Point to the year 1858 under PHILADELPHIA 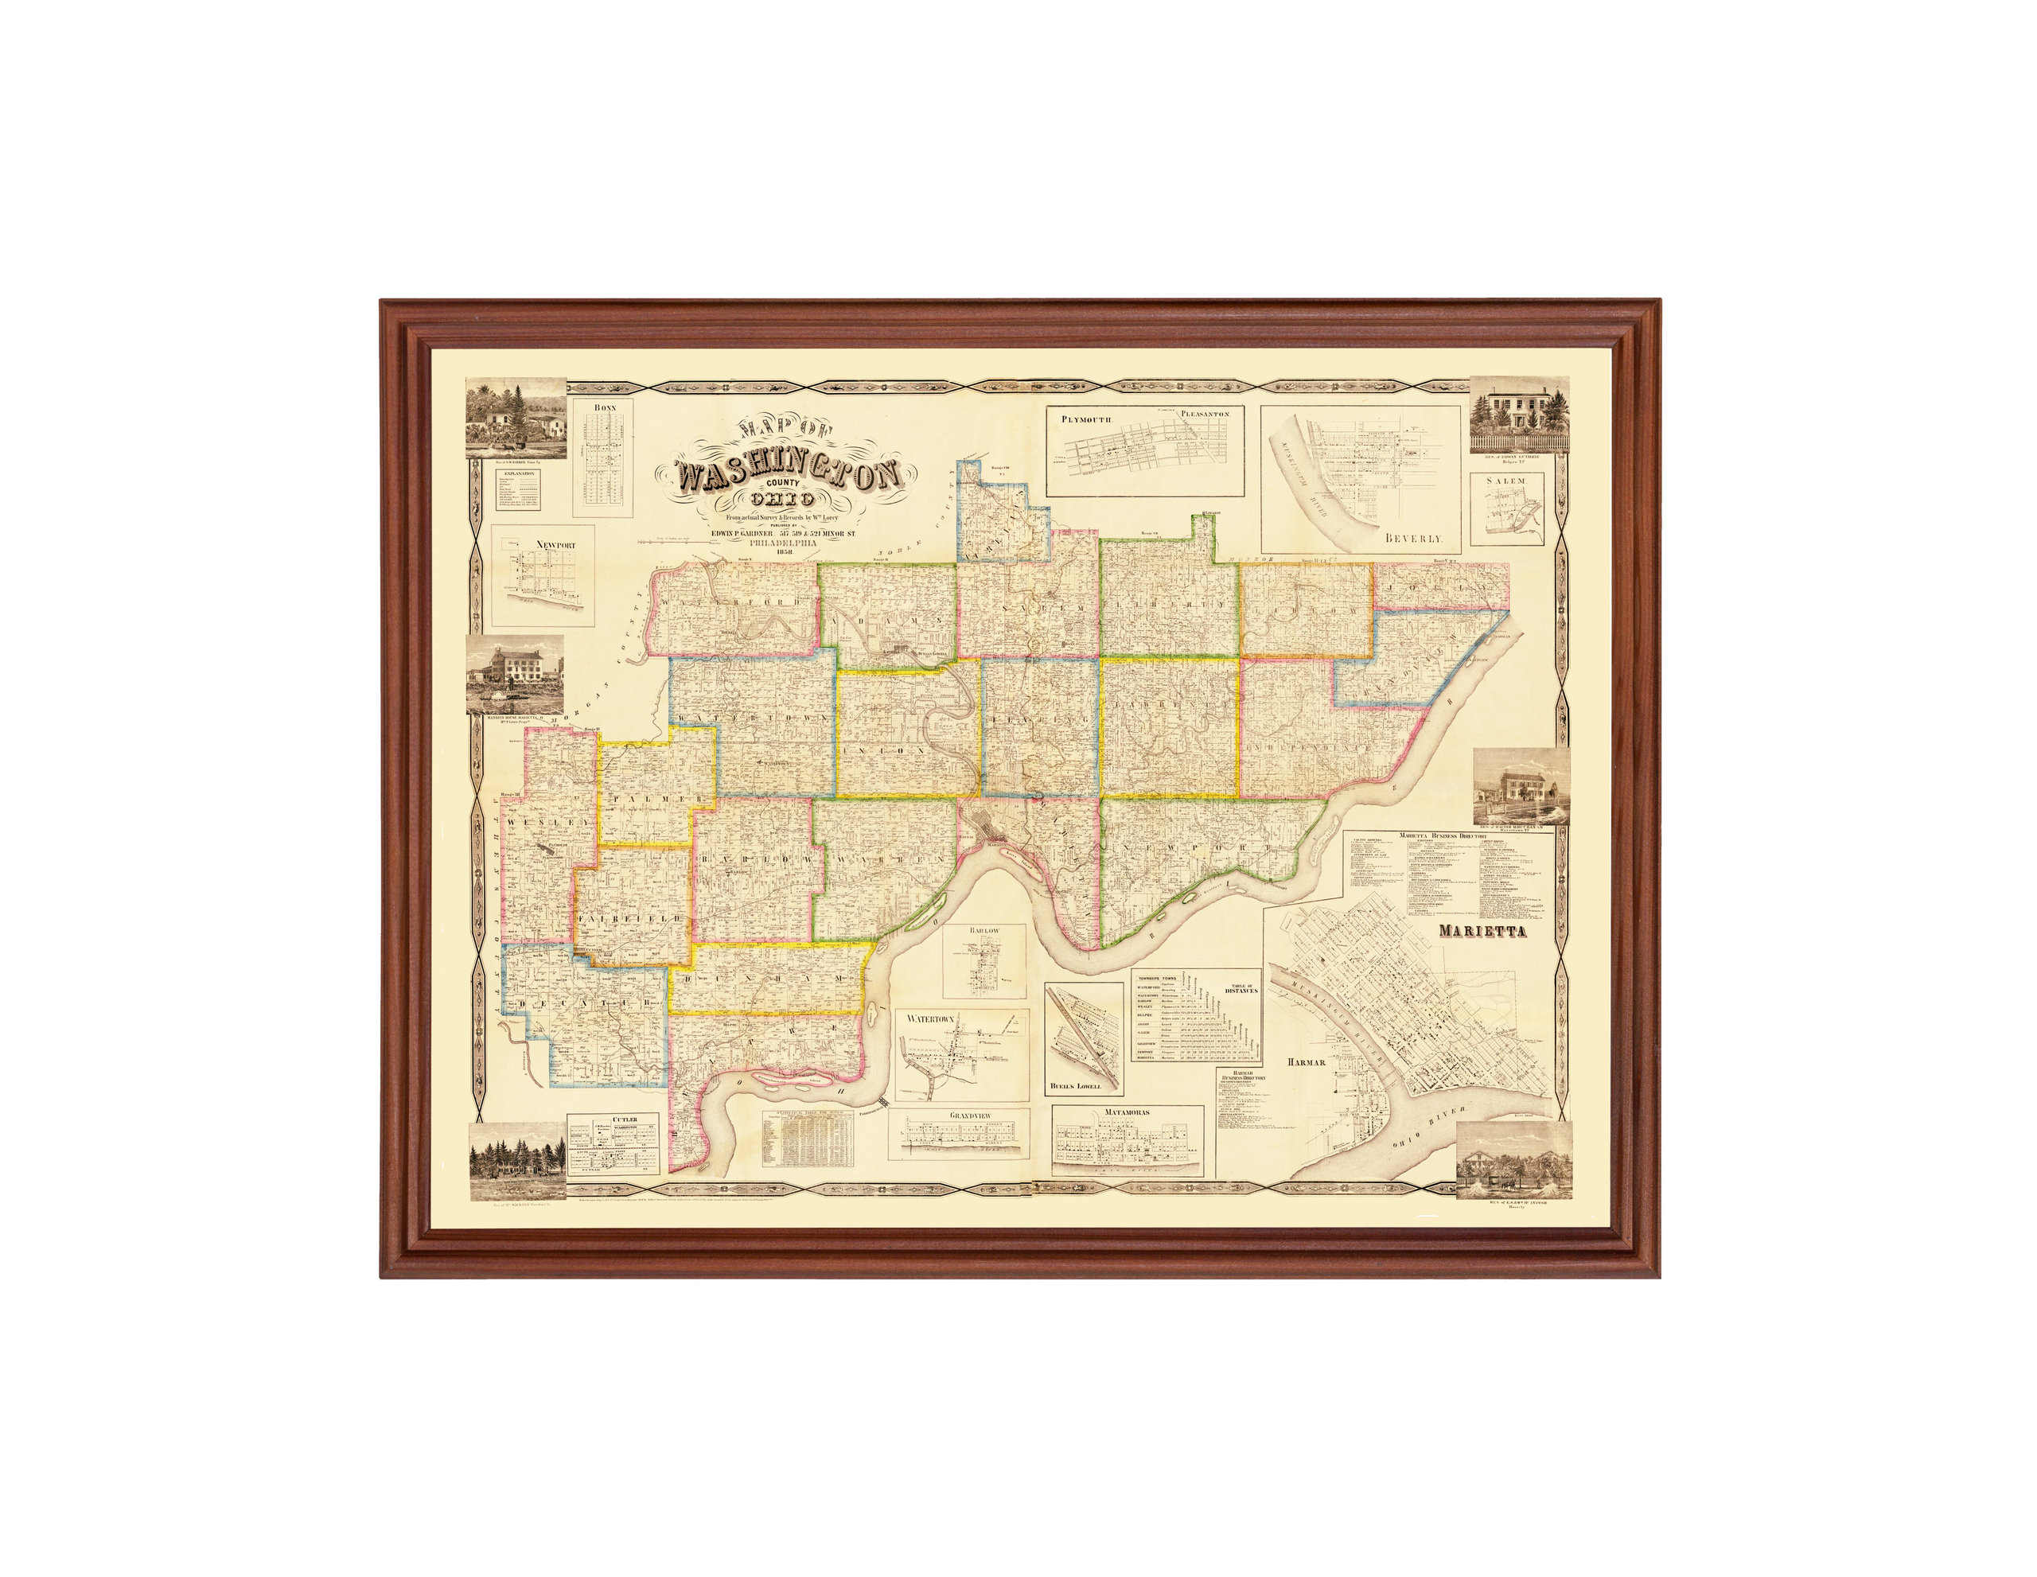[784, 551]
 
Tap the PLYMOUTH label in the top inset [1085, 419]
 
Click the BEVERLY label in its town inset [1414, 539]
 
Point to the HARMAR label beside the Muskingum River [1307, 1062]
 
